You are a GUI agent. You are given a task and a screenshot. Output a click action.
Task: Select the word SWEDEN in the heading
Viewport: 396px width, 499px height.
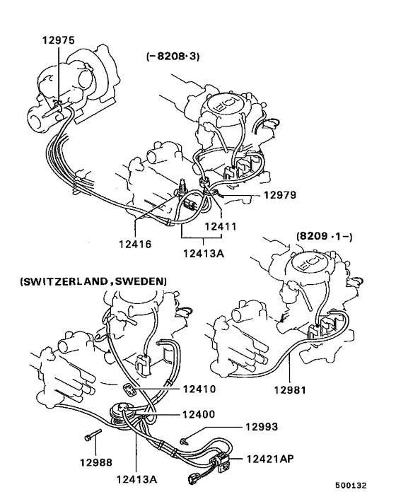[141, 281]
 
